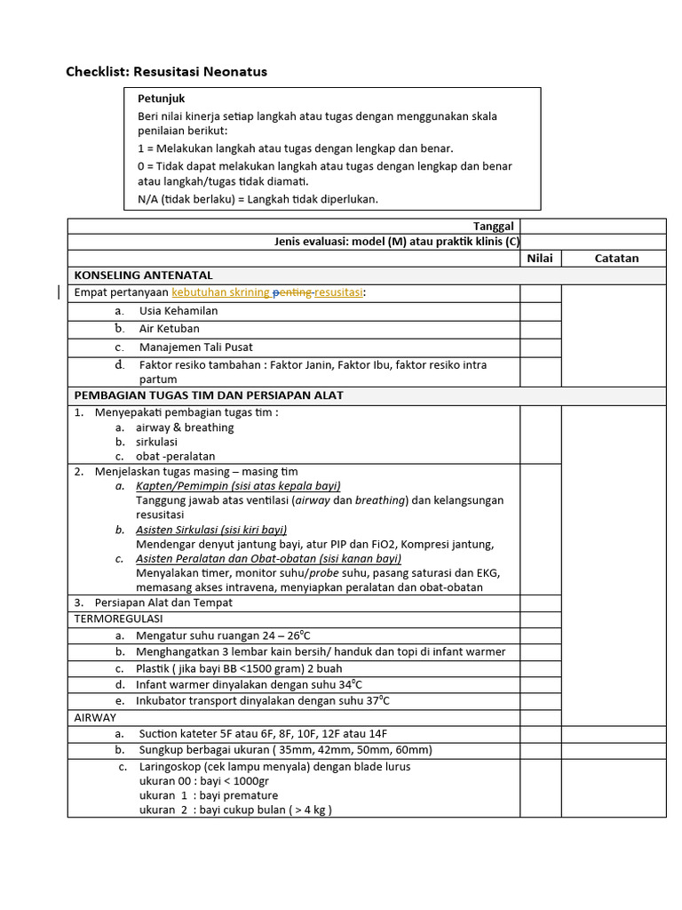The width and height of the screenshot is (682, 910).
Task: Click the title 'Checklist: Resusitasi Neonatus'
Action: (x=166, y=71)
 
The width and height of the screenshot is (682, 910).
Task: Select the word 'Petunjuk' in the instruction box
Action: (x=161, y=99)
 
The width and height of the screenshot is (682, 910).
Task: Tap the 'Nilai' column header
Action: (x=540, y=258)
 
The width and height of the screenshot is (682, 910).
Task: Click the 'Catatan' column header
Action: (x=616, y=258)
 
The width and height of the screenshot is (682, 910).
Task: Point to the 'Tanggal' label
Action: (x=493, y=227)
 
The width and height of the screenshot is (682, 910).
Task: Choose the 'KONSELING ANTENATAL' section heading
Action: (x=143, y=275)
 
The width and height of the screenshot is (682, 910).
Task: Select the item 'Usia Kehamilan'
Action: (x=178, y=311)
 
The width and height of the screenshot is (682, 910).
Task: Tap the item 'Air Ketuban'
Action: (x=169, y=329)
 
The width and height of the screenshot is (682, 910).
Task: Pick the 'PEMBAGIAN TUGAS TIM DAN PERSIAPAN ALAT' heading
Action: (x=209, y=395)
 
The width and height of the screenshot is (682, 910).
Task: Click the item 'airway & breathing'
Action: (x=185, y=427)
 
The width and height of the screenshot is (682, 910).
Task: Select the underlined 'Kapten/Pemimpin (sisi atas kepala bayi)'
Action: (x=238, y=486)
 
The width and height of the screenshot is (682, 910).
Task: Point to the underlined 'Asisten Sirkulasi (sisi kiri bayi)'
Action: (x=211, y=530)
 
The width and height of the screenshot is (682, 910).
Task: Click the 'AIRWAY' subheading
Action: (x=95, y=717)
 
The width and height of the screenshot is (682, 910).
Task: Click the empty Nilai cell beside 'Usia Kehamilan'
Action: (x=540, y=311)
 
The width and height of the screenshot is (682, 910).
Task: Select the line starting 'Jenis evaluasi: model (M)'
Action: (x=397, y=242)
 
